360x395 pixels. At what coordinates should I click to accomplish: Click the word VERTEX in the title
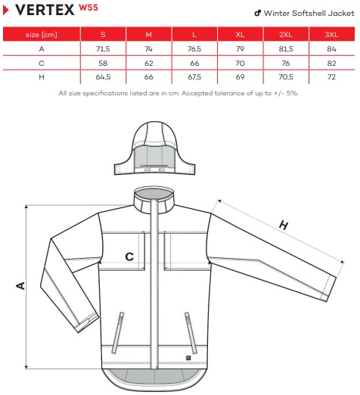45,10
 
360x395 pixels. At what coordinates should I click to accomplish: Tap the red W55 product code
88,8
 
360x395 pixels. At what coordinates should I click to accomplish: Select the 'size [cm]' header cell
42,34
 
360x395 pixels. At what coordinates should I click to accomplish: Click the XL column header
240,34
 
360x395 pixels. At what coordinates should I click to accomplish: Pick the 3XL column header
331,34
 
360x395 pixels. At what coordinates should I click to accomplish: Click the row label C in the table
42,63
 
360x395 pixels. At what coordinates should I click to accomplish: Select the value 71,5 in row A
103,48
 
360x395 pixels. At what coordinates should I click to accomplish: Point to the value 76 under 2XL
286,63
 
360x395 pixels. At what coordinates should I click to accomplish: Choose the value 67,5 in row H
194,76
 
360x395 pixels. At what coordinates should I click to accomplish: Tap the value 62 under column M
149,63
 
